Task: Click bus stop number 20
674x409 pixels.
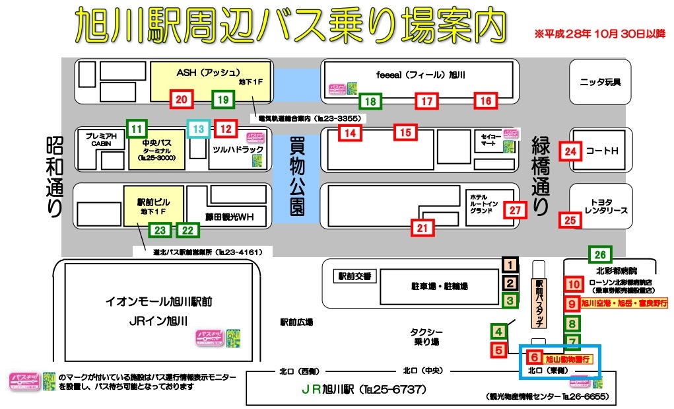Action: (x=182, y=100)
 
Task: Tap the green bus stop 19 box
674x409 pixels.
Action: (x=223, y=100)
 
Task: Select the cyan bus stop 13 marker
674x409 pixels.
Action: (x=199, y=128)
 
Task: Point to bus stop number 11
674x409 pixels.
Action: (x=137, y=128)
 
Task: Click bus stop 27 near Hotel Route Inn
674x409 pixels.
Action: (x=515, y=211)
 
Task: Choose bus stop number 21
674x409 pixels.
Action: (x=422, y=229)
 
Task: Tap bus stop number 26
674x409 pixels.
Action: (x=599, y=254)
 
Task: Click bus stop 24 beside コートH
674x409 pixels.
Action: (x=570, y=151)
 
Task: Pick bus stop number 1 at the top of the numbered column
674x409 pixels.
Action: (x=510, y=266)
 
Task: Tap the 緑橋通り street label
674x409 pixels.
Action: (x=541, y=175)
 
